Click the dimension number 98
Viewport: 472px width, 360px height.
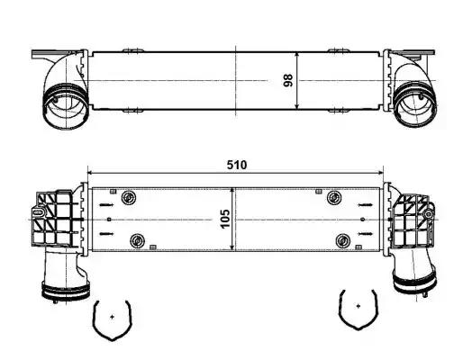tap(288, 81)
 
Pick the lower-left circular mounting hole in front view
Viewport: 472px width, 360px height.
tap(138, 239)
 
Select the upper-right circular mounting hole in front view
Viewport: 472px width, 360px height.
tap(334, 198)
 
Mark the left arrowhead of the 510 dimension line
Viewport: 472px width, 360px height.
tap(89, 172)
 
